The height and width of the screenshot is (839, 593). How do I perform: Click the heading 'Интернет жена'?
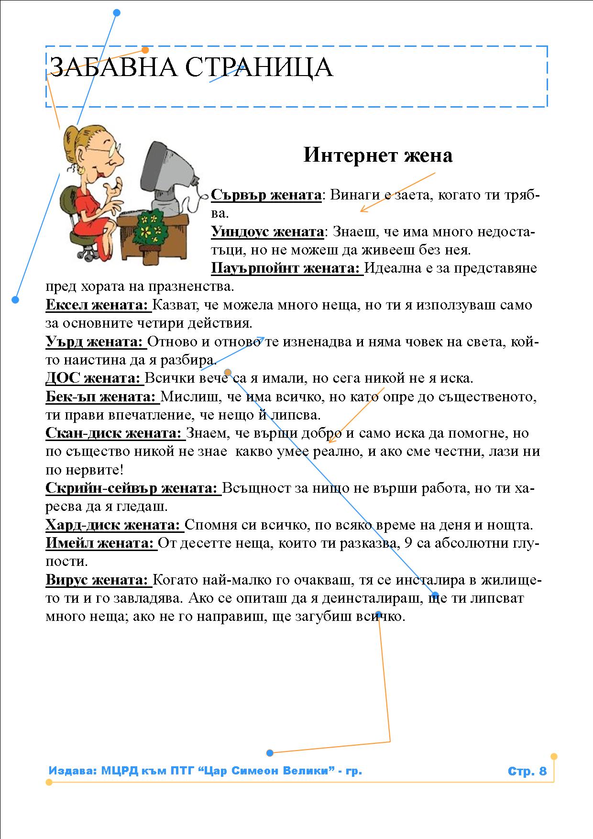pyautogui.click(x=378, y=155)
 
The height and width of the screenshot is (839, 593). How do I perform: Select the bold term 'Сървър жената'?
pyautogui.click(x=266, y=195)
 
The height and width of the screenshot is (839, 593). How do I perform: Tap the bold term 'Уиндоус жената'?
pyautogui.click(x=267, y=232)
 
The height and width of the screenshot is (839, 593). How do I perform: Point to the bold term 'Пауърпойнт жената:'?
pyautogui.click(x=286, y=268)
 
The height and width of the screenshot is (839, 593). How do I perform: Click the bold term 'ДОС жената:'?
pyautogui.click(x=94, y=378)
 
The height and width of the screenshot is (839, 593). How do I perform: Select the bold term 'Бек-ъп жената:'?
pyautogui.click(x=101, y=397)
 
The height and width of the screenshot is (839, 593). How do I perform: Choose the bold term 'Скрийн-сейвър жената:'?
pyautogui.click(x=132, y=488)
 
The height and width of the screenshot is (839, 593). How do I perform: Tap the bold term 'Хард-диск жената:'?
pyautogui.click(x=113, y=525)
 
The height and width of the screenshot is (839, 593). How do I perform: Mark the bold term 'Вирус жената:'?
pyautogui.click(x=98, y=580)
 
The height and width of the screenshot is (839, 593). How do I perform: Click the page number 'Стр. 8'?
pyautogui.click(x=527, y=771)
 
